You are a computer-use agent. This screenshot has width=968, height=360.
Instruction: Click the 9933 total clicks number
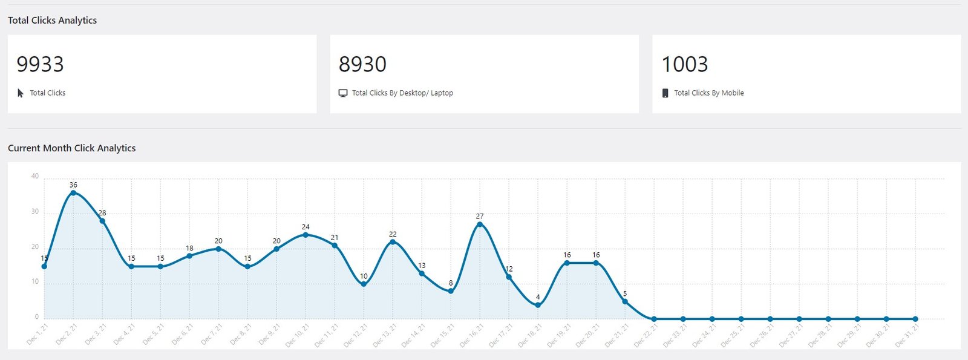[x=40, y=64]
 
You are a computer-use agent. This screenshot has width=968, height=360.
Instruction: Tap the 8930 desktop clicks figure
[x=362, y=64]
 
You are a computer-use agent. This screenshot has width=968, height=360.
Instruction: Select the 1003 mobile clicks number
[x=684, y=64]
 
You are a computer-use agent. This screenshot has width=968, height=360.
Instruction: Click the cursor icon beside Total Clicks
[x=21, y=93]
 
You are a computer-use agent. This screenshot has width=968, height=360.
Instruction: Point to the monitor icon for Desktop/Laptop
[x=343, y=93]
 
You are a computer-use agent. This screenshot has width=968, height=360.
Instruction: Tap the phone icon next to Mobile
[x=665, y=93]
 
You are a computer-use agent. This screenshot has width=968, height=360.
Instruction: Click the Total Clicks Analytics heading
[x=52, y=20]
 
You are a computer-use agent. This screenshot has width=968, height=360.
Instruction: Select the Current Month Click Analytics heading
[x=71, y=148]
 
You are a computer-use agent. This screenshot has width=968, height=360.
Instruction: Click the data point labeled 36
[x=73, y=193]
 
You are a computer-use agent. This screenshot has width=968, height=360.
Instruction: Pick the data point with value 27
[x=480, y=224]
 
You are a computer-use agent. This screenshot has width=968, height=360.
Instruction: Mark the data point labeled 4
[x=538, y=305]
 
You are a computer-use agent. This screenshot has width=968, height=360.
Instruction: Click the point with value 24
[x=306, y=235]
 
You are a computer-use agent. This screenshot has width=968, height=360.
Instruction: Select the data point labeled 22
[x=393, y=242]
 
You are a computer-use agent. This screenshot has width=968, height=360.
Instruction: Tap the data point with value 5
[x=625, y=301]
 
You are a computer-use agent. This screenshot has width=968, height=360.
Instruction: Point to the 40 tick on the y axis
[x=35, y=176]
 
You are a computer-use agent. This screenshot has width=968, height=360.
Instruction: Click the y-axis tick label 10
[x=35, y=281]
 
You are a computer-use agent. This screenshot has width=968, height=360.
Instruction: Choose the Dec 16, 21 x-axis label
[x=473, y=335]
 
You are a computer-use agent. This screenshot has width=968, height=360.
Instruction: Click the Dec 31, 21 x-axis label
[x=908, y=335]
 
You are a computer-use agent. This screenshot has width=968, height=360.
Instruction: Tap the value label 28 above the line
[x=102, y=213]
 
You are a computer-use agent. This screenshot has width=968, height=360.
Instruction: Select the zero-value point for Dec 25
[x=741, y=319]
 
